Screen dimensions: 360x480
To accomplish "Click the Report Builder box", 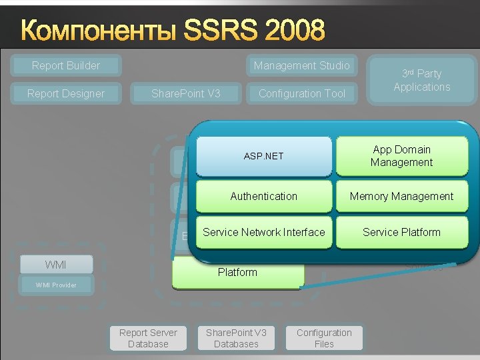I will pyautogui.click(x=66, y=65).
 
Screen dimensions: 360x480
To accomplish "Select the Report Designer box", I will pyautogui.click(x=66, y=93).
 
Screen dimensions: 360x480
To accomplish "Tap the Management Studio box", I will pyautogui.click(x=301, y=65).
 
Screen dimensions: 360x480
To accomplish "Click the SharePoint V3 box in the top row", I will pyautogui.click(x=186, y=93).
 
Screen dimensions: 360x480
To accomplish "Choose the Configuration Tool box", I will pyautogui.click(x=301, y=93).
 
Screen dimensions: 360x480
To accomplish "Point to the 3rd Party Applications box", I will pyautogui.click(x=421, y=80).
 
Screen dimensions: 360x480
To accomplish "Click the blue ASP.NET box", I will pyautogui.click(x=263, y=156).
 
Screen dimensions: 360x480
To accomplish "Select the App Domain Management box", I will pyautogui.click(x=401, y=156).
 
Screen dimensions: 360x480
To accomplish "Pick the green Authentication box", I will pyautogui.click(x=263, y=196).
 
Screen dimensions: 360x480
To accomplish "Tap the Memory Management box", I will pyautogui.click(x=401, y=196).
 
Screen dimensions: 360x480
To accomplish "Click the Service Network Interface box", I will pyautogui.click(x=263, y=232).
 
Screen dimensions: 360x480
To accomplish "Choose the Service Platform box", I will pyautogui.click(x=401, y=232).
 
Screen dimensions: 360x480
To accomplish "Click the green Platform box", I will pyautogui.click(x=237, y=273).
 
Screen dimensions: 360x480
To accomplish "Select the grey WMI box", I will pyautogui.click(x=55, y=265).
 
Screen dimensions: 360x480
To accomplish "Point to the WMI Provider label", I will pyautogui.click(x=56, y=285).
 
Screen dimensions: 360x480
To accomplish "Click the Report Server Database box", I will pyautogui.click(x=148, y=338).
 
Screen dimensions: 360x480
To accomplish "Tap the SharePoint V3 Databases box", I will pyautogui.click(x=236, y=338).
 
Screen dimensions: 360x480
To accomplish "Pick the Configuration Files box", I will pyautogui.click(x=324, y=338).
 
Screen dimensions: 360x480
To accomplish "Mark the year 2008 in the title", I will pyautogui.click(x=295, y=30).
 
